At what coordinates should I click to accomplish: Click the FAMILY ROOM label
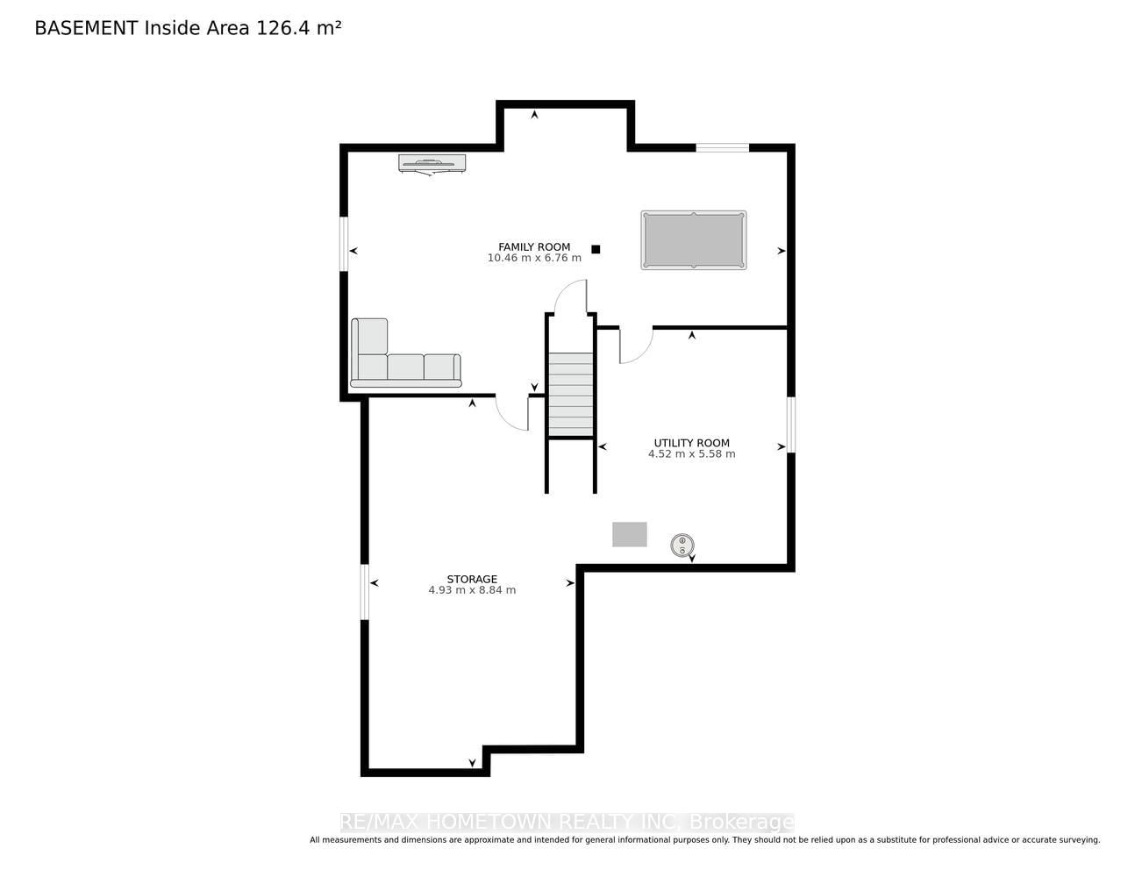[534, 247]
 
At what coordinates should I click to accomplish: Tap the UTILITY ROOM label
[691, 443]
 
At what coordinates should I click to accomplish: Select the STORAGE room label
[472, 579]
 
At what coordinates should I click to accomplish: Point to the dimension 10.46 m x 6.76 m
[534, 258]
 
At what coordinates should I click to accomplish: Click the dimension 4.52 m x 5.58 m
[691, 454]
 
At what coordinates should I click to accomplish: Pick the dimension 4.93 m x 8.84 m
[472, 590]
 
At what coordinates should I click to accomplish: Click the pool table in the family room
[693, 240]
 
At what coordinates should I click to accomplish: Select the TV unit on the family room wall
[432, 163]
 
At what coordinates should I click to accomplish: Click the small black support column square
[596, 250]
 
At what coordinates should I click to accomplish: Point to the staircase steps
[570, 394]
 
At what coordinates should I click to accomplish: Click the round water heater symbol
[682, 545]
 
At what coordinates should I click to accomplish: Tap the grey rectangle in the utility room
[630, 535]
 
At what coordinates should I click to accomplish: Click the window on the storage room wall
[365, 592]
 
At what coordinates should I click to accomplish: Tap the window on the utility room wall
[791, 424]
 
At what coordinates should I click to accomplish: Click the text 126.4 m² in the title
[298, 28]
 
